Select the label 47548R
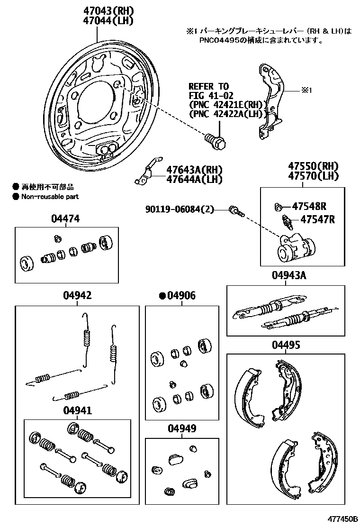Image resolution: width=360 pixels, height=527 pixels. pos(310,206)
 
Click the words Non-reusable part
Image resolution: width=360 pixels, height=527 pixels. pos(50,196)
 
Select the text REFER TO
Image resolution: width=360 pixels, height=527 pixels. pos(208,87)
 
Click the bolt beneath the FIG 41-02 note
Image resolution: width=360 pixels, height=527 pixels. pos(216,140)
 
